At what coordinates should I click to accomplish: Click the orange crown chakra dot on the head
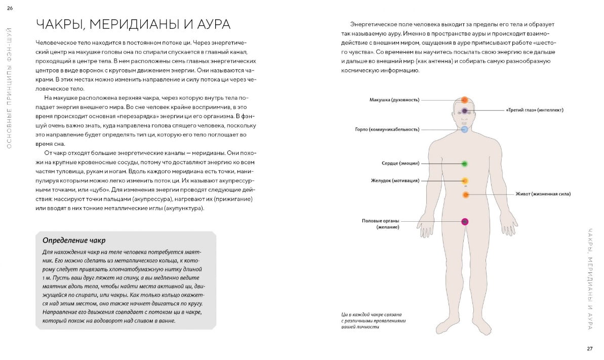464,100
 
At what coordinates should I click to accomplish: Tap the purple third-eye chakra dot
464,110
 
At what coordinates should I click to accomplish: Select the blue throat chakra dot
464,130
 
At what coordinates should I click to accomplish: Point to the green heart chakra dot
464,164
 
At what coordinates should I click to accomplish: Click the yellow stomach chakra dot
465,181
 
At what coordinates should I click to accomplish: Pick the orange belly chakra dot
466,194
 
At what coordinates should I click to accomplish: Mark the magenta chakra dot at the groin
465,221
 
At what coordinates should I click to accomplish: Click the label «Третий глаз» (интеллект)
535,110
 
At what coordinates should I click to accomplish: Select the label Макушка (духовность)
394,100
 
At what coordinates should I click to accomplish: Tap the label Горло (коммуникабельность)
387,130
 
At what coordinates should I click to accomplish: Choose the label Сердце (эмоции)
400,164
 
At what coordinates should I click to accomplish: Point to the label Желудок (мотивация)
395,181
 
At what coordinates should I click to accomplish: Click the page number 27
589,348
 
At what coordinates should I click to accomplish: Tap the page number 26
10,7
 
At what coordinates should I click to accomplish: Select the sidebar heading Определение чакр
74,240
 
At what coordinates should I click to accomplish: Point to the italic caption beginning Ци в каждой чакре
374,321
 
